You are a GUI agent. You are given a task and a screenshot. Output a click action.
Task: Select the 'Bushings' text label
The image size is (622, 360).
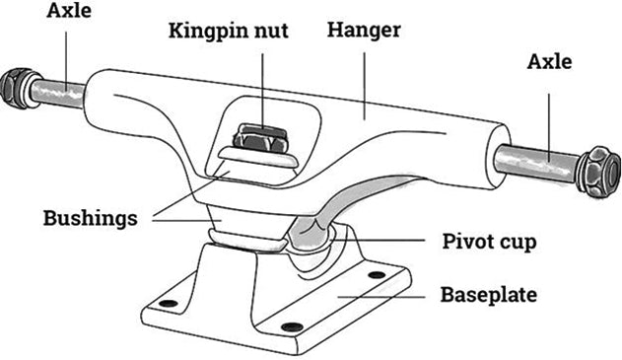89,218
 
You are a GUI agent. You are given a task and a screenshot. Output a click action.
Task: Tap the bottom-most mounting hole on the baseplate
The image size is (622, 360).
288,326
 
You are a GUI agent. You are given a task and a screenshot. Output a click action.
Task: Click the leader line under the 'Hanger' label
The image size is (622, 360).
364,79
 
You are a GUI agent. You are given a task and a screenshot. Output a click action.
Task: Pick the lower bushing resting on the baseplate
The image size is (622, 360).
246,237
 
